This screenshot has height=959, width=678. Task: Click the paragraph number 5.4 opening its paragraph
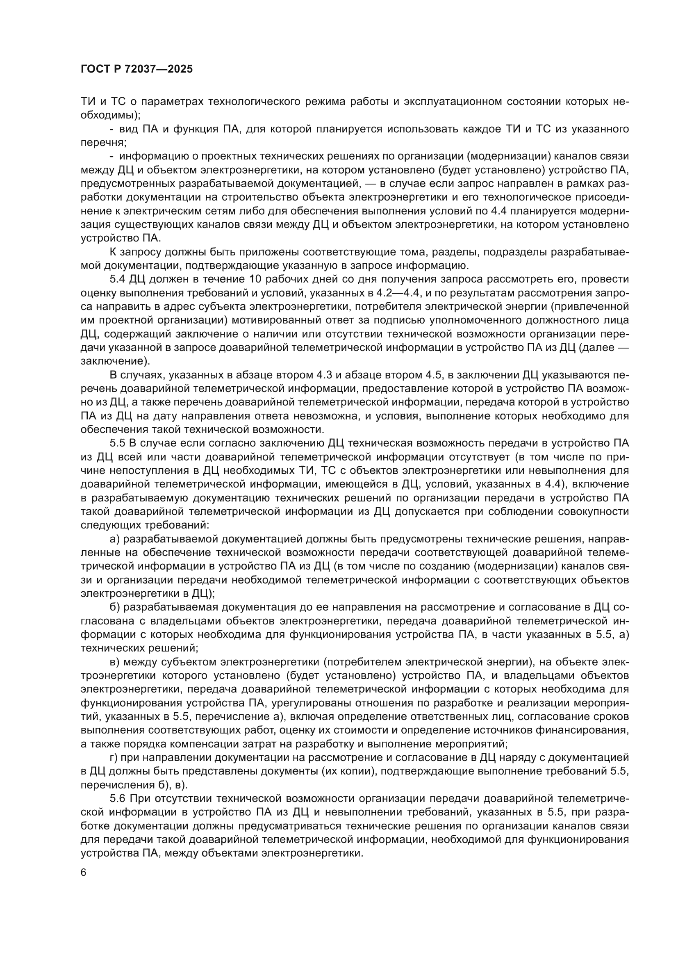[x=118, y=279]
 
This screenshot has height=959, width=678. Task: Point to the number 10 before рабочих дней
[x=256, y=279]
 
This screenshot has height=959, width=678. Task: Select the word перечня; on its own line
[x=103, y=142]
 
